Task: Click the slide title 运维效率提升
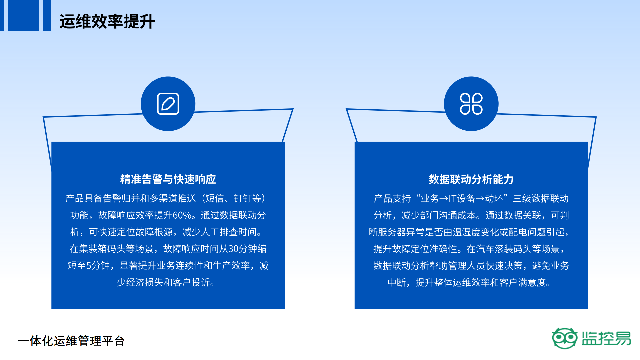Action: click(x=107, y=22)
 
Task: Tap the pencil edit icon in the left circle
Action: click(x=168, y=104)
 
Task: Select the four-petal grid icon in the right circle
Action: click(x=471, y=104)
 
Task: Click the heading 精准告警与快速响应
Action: click(x=168, y=179)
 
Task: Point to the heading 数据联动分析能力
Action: click(x=471, y=179)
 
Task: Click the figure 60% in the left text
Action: click(x=182, y=215)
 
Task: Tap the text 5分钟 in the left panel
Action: click(x=98, y=266)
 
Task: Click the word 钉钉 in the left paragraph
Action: click(x=243, y=199)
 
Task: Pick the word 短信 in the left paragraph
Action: click(x=214, y=199)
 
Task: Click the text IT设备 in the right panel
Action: click(x=462, y=199)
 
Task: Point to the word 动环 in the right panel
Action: click(x=494, y=199)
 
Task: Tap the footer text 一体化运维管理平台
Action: click(x=71, y=341)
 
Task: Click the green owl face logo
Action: click(x=564, y=338)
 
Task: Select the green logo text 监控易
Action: click(x=606, y=338)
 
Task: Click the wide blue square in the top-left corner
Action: click(x=23, y=15)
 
